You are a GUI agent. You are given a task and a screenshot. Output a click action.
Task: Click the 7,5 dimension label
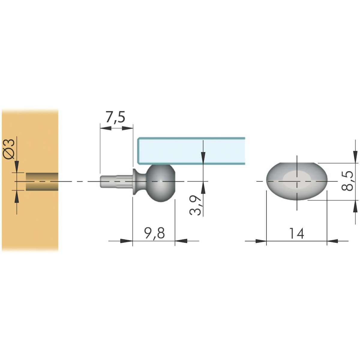115,117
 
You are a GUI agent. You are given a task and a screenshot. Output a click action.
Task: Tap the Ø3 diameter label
9,149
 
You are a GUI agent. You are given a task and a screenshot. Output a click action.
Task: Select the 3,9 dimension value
195,205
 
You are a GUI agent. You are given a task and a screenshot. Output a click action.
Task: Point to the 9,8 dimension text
154,233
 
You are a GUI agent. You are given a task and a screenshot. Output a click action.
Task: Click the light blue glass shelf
191,151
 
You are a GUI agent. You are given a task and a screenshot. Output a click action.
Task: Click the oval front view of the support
297,181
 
